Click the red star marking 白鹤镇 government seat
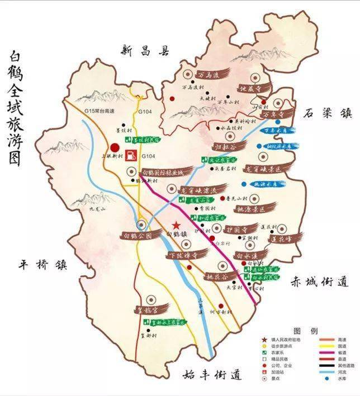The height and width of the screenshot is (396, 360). point(176,224)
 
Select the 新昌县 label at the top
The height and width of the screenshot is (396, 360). point(144,51)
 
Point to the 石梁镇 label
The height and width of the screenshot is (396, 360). point(328,113)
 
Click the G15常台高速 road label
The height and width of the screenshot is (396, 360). point(99,112)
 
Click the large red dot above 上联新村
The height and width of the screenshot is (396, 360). point(115,147)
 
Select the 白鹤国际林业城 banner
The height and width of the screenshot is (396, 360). point(162,173)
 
